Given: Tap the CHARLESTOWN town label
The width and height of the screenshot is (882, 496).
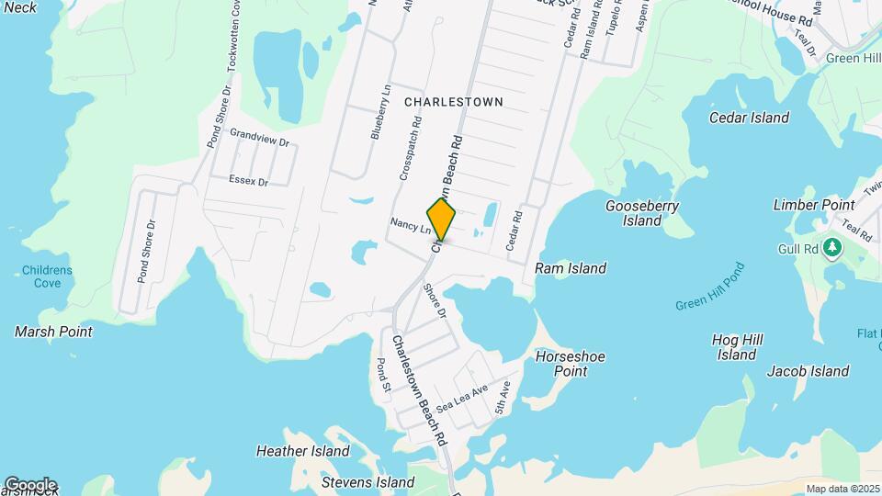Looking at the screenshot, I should (x=454, y=102).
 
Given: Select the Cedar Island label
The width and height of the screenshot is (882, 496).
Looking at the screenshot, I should (x=749, y=118).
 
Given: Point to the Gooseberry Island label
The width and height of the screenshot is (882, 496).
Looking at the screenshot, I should (x=642, y=213).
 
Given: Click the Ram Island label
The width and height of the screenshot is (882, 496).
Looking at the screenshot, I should (x=571, y=268).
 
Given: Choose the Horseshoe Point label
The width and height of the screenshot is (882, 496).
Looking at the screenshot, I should (x=558, y=364).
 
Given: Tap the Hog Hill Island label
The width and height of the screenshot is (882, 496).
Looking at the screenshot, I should (x=737, y=347).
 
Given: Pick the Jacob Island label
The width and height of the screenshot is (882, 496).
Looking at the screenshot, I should (x=808, y=371).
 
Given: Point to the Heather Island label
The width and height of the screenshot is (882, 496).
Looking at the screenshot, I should (x=303, y=451).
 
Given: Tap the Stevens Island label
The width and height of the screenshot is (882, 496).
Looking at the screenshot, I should (x=368, y=481).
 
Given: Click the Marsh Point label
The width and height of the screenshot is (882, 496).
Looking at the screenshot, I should (x=53, y=331).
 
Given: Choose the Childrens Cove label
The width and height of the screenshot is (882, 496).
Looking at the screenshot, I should (x=48, y=276).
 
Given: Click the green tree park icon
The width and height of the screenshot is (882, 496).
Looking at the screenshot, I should (x=832, y=247).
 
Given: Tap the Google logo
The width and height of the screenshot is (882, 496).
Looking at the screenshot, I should (x=30, y=484).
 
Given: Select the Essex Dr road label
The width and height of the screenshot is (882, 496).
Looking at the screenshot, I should (x=249, y=182).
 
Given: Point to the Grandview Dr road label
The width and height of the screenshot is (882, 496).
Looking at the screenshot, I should (x=259, y=143).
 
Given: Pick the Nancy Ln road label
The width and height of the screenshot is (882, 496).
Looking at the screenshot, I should (x=410, y=224).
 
